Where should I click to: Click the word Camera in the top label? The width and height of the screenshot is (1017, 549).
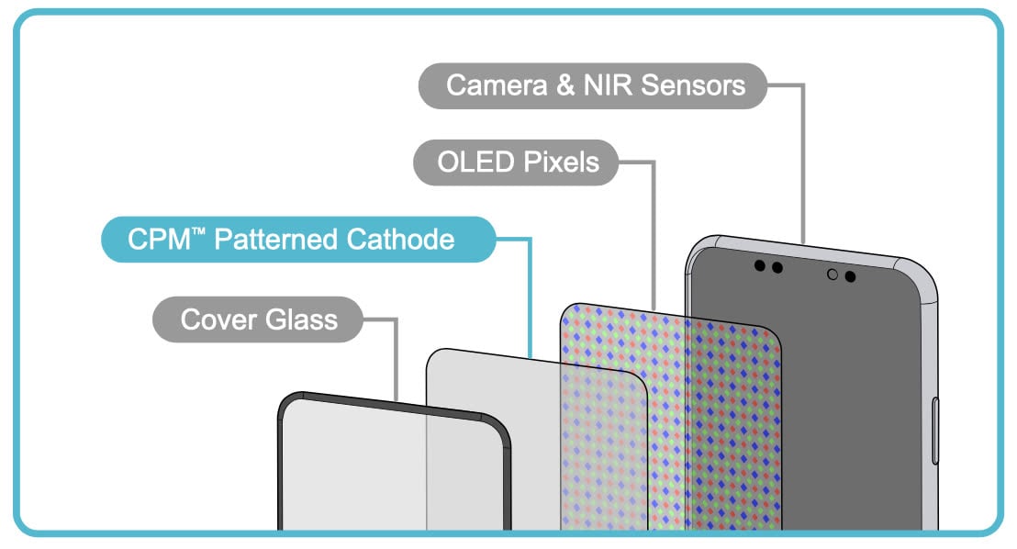click(497, 85)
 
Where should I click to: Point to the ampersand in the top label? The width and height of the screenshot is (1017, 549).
click(565, 85)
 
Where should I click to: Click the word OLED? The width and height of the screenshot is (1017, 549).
click(476, 162)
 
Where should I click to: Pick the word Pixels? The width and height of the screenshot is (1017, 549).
click(562, 162)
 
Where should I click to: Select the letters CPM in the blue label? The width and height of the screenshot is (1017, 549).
click(159, 240)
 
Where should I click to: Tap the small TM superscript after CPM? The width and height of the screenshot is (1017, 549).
click(198, 230)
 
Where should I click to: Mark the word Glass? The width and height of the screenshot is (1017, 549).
click(302, 319)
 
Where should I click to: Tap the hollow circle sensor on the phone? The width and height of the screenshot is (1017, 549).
click(833, 274)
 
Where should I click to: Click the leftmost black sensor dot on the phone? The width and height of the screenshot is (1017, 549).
click(759, 265)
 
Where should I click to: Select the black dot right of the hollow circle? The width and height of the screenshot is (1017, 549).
click(850, 277)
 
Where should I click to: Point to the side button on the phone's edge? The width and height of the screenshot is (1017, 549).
click(935, 431)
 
